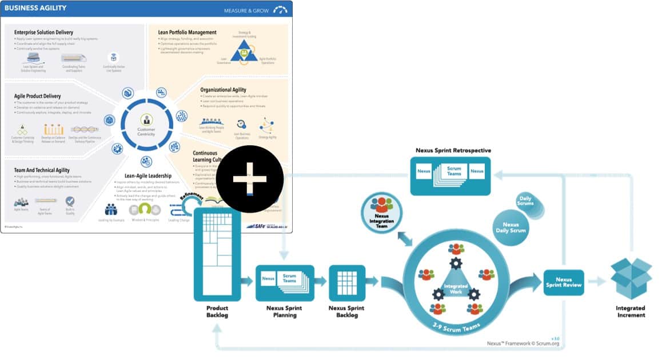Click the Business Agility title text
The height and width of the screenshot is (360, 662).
[35, 8]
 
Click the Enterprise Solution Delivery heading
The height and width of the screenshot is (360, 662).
[43, 33]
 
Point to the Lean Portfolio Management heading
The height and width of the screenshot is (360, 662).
[187, 33]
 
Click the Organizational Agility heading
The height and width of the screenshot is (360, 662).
[223, 90]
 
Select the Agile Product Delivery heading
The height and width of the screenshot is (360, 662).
[38, 96]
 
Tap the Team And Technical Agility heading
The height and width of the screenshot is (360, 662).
[42, 170]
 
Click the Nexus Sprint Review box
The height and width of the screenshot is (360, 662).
[564, 282]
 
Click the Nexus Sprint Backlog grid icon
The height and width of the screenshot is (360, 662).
[347, 282]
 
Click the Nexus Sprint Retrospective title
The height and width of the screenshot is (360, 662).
[453, 150]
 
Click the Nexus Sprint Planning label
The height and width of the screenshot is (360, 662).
[285, 311]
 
